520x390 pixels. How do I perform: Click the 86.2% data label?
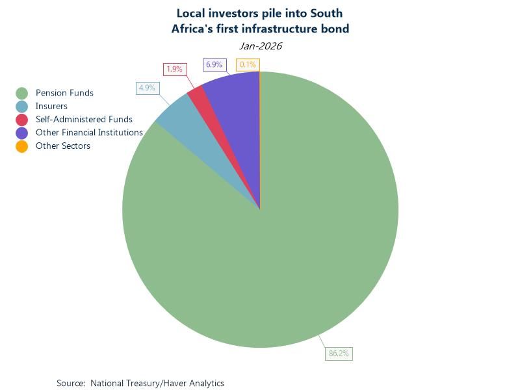coord(339,354)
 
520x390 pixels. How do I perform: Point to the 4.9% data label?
coord(147,88)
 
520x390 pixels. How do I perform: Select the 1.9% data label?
coord(174,69)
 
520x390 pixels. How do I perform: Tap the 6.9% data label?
coord(214,64)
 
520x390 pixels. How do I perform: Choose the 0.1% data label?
coord(248,64)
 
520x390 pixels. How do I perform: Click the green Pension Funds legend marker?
coord(22,93)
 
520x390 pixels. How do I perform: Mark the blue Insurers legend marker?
coord(22,107)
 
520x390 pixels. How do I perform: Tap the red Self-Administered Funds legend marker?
coord(22,120)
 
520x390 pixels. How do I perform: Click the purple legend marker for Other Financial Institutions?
coord(22,133)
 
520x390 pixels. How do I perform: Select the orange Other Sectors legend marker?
coord(22,146)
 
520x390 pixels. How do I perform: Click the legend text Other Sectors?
coord(63,146)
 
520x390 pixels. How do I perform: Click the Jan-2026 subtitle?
coord(260,46)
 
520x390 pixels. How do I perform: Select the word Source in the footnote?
coord(70,383)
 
